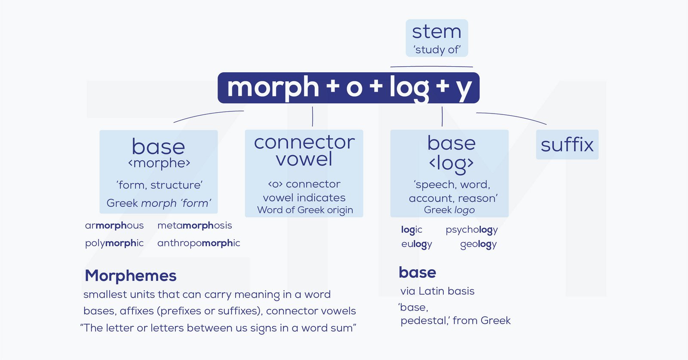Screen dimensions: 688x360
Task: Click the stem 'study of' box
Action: (437, 38)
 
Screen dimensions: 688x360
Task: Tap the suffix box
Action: (567, 145)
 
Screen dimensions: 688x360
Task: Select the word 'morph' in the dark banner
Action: (273, 88)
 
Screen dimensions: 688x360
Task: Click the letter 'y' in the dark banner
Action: (464, 90)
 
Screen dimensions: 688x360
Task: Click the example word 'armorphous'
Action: (114, 225)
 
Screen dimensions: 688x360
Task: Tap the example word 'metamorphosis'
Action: (195, 225)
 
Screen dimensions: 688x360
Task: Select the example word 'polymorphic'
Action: (114, 243)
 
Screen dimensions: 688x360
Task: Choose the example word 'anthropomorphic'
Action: (199, 243)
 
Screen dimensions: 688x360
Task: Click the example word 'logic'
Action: (412, 230)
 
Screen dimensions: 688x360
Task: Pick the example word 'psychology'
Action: (471, 230)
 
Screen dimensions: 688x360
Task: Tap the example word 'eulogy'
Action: (417, 244)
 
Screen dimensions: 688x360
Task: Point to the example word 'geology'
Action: (478, 244)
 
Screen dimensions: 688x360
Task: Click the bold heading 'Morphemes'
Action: (131, 276)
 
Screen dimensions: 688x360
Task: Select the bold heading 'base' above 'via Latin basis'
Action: (418, 272)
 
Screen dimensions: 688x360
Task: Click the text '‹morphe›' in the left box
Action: (159, 163)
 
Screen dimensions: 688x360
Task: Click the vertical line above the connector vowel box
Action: (312, 117)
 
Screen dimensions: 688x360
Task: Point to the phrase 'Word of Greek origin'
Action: (305, 210)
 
